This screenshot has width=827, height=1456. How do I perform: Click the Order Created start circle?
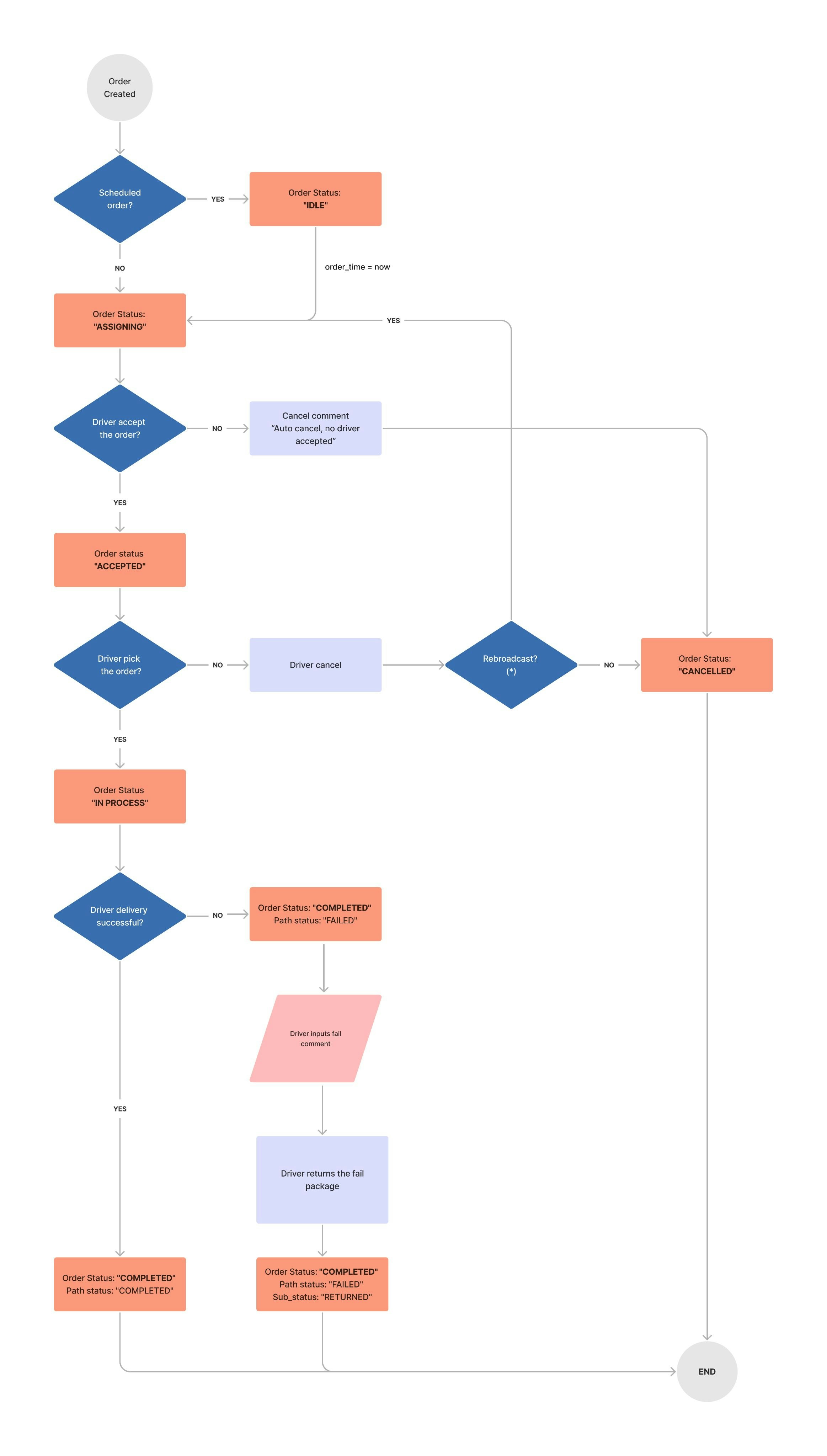pos(119,87)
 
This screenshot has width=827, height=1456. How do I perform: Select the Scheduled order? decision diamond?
pos(119,199)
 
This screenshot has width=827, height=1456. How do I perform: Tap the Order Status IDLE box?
pos(315,199)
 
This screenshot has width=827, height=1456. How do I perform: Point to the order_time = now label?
pos(357,267)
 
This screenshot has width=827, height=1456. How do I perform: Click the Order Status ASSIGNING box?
pos(119,320)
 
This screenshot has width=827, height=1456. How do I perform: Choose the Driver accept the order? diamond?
pos(119,428)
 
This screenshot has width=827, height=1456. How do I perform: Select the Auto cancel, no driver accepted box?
pos(315,428)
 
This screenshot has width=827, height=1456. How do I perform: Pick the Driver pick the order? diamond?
pos(119,665)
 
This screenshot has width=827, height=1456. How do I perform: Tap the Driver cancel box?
pos(315,665)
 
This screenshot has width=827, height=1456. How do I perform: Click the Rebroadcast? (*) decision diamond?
pos(511,665)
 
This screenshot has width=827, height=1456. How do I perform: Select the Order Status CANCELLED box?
pos(706,665)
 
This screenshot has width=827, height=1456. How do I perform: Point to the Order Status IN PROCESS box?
pos(119,796)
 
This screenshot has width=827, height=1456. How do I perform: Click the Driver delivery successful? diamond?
pos(119,916)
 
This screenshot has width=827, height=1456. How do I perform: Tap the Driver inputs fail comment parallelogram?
pos(315,1038)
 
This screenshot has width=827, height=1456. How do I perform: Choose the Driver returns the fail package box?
pos(322,1179)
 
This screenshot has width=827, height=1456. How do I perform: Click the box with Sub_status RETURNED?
pos(322,1284)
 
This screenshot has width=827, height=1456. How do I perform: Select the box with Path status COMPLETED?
pos(119,1284)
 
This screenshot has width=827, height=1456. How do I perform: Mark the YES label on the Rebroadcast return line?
pos(393,320)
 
